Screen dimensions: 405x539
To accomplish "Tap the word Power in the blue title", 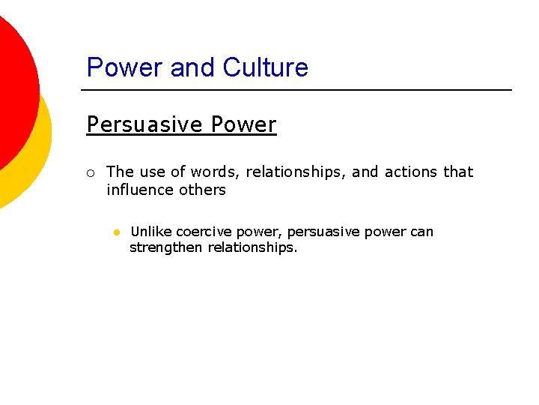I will coord(125,67).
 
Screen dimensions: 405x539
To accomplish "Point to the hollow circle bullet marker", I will coord(90,173).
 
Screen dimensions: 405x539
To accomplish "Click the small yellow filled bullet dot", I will coord(117,232).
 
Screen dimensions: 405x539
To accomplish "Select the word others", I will coord(201,190).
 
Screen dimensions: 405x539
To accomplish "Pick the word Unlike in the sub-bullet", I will coord(150,232).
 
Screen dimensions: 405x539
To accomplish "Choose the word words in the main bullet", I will coord(213,172).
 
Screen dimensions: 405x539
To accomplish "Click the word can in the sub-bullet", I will coord(421,232).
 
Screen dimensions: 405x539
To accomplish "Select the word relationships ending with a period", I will coord(252,247).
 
